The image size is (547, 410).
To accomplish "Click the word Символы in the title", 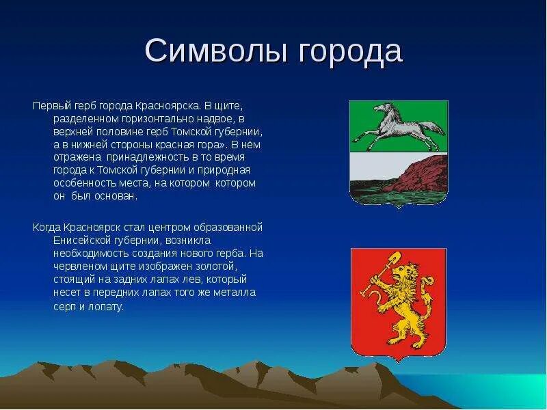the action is (216, 51).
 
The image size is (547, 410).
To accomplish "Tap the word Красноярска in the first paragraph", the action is (168, 106).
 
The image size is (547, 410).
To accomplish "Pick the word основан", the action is (116, 196).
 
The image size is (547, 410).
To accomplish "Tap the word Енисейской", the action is (82, 241).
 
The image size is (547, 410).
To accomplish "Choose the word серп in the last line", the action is (64, 307).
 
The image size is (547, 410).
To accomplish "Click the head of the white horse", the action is (382, 108).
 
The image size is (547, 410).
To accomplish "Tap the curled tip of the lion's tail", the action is (428, 280).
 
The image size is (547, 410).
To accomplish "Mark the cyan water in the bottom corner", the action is (488, 389).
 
